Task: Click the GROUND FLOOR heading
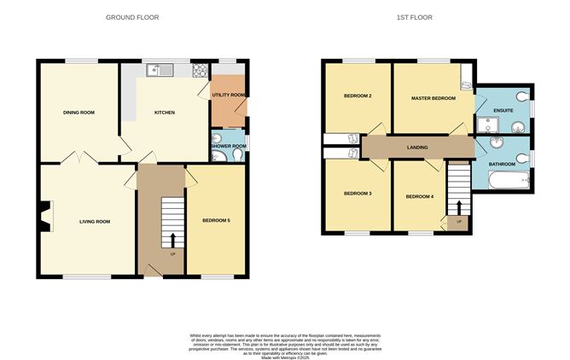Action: click(x=131, y=17)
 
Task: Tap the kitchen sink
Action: click(x=158, y=70)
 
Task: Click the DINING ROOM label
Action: click(x=78, y=112)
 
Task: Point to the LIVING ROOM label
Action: click(x=95, y=222)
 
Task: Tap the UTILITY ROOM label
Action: click(x=229, y=95)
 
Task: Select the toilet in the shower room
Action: click(x=216, y=141)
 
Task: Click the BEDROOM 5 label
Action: click(x=216, y=221)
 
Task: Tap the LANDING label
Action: click(x=417, y=148)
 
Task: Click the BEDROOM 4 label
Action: click(x=419, y=197)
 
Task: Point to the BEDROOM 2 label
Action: click(x=356, y=96)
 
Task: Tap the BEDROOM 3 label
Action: click(x=357, y=194)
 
